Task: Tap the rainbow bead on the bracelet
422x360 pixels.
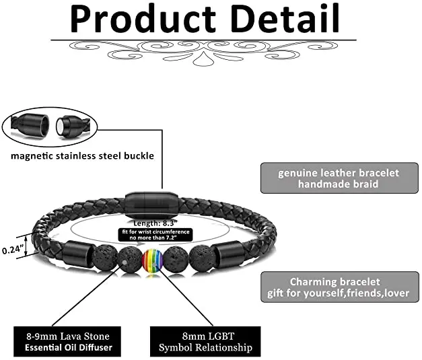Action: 153,260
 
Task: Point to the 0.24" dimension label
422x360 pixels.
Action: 13,249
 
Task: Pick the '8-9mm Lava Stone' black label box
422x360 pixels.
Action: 65,341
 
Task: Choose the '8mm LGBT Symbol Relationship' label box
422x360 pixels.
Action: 205,341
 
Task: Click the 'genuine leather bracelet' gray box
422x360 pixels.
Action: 338,178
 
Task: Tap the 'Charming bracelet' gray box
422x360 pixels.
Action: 338,287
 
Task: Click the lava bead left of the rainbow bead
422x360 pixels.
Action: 129,259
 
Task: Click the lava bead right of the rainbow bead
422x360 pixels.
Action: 176,259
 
